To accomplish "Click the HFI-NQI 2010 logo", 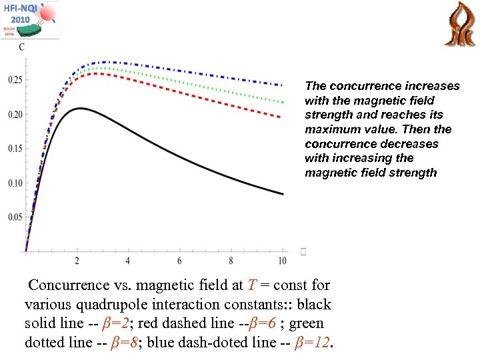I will click(x=30, y=19).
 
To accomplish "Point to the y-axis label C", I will click(x=22, y=47).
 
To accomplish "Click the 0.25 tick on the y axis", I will click(x=14, y=80).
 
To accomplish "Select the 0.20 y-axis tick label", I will click(x=14, y=115).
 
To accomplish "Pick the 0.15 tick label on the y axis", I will click(x=14, y=149).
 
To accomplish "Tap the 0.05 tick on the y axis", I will click(x=14, y=217).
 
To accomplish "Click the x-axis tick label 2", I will click(x=77, y=260).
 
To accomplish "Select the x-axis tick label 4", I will click(x=128, y=260).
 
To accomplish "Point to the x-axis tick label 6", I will click(x=179, y=260).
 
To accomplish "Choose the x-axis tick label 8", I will click(x=231, y=260).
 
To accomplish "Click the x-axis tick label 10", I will click(x=282, y=260).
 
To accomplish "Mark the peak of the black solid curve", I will click(x=80, y=108).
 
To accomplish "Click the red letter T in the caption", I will click(x=251, y=285).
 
